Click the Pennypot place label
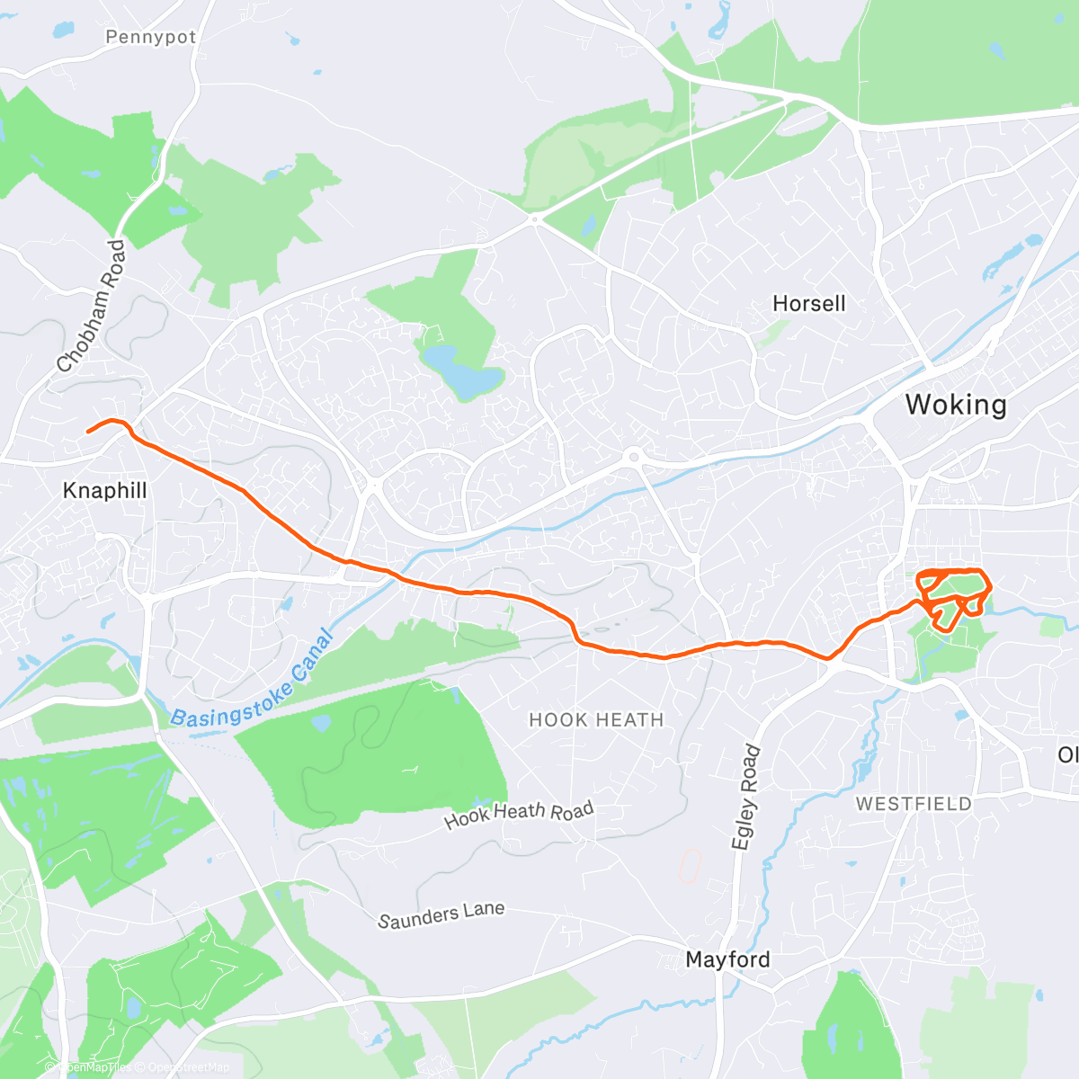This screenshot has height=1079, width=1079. [150, 37]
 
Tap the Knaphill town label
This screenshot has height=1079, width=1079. [104, 491]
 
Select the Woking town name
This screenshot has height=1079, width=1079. [956, 405]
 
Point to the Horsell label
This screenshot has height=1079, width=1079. [809, 304]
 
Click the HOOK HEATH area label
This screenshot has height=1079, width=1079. [596, 720]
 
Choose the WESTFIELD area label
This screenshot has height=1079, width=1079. [914, 804]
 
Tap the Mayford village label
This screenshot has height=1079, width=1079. [727, 960]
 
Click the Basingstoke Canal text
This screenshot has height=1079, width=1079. [252, 679]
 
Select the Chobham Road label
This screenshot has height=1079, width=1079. [92, 306]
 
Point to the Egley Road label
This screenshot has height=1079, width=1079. [746, 797]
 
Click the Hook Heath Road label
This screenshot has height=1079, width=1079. [519, 815]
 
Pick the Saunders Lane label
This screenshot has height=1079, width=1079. [441, 915]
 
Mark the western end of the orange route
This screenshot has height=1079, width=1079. [88, 432]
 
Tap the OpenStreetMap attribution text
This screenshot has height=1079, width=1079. [189, 1067]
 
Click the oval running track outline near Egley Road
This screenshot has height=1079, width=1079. [689, 867]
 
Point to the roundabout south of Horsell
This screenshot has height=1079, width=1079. [634, 457]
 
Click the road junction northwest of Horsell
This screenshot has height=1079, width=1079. [534, 218]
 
